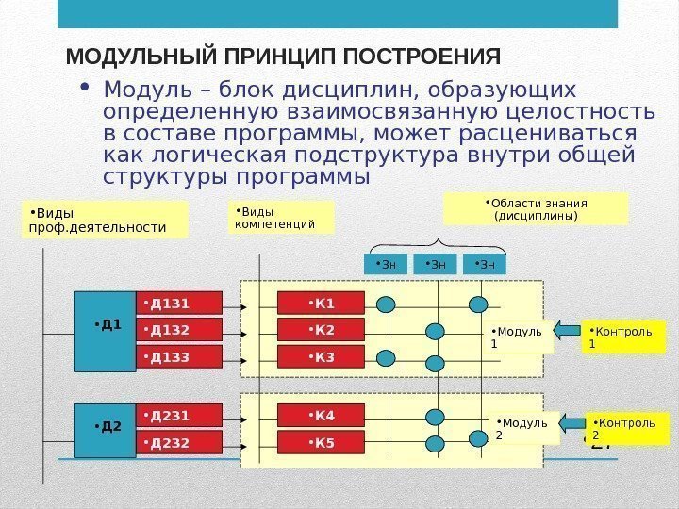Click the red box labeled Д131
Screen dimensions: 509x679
179,303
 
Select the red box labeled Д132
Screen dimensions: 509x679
179,329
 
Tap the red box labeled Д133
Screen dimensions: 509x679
179,356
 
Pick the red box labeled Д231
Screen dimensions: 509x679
179,415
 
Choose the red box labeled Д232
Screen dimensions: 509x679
179,442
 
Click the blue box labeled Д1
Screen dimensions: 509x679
105,325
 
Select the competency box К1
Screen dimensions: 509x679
321,303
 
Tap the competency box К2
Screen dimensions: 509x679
321,330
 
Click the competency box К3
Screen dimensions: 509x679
321,357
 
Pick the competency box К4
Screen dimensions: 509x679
321,416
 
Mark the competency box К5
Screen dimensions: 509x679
321,443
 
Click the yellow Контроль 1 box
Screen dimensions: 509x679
623,337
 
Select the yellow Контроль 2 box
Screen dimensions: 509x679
623,429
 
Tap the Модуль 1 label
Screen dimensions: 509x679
520,337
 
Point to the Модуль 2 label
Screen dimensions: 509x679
524,429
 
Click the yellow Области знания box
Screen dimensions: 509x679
536,209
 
